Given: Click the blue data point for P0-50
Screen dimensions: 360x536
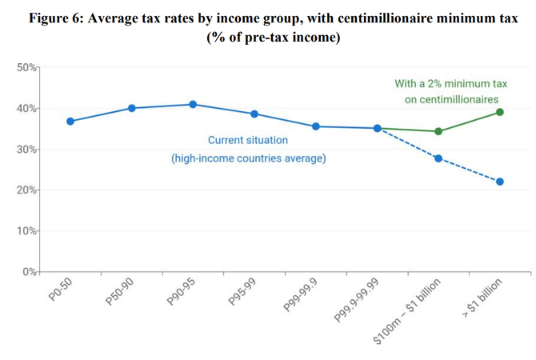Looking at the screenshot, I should pyautogui.click(x=70, y=122).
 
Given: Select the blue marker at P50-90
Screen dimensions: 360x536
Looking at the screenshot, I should pyautogui.click(x=132, y=108).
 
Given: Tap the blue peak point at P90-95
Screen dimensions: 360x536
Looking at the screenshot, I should pyautogui.click(x=193, y=105).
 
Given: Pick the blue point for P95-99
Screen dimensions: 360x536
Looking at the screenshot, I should pyautogui.click(x=254, y=114).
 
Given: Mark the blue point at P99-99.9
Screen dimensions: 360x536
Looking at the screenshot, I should pyautogui.click(x=316, y=126).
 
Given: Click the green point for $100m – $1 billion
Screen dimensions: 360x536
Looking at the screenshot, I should pyautogui.click(x=438, y=131).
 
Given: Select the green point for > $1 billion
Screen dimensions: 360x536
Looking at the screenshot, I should pyautogui.click(x=500, y=112).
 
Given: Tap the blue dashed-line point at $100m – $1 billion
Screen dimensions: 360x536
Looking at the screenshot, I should pyautogui.click(x=438, y=158).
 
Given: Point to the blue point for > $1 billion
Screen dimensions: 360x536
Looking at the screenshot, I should pyautogui.click(x=500, y=182).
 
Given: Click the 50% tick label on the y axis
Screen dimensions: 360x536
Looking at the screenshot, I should pyautogui.click(x=26, y=68).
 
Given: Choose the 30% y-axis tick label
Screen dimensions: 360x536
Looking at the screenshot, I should pyautogui.click(x=26, y=150).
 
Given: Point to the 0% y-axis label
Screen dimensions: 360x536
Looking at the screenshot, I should pyautogui.click(x=30, y=272).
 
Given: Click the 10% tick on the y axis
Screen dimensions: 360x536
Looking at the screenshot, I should pyautogui.click(x=26, y=231).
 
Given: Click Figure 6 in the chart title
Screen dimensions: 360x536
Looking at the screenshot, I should pyautogui.click(x=60, y=18).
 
